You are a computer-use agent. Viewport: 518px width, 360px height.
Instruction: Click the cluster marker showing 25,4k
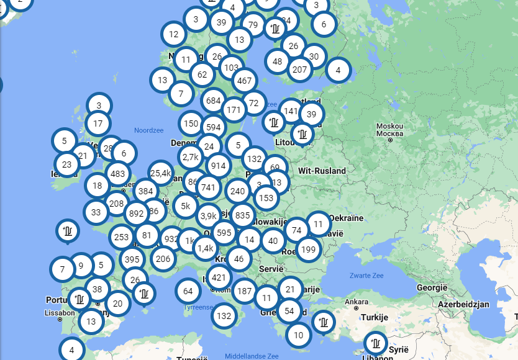click(x=160, y=173)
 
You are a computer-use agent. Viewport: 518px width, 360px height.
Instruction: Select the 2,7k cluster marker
click(x=190, y=157)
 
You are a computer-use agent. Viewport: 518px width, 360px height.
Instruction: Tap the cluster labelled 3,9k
click(x=209, y=216)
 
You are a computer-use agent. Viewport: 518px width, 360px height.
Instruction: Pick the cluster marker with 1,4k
click(x=205, y=248)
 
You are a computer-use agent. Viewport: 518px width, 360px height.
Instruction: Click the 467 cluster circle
click(x=245, y=80)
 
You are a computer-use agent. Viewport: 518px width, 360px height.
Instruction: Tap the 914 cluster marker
click(x=218, y=166)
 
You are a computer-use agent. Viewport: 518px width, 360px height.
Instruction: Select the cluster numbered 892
click(x=136, y=214)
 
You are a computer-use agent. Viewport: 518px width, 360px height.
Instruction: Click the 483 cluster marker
click(x=118, y=174)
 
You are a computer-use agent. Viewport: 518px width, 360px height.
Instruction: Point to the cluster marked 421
click(x=219, y=277)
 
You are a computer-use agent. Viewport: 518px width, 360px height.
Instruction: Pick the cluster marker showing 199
click(x=308, y=250)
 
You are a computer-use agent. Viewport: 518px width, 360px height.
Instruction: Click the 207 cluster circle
click(x=300, y=70)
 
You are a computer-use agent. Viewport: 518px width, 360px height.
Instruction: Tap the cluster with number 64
click(x=188, y=290)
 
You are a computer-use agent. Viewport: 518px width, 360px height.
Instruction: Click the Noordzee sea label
click(x=148, y=130)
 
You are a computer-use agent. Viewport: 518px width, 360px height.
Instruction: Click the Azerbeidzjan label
click(x=463, y=305)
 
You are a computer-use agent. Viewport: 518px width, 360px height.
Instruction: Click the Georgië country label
click(x=432, y=288)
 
